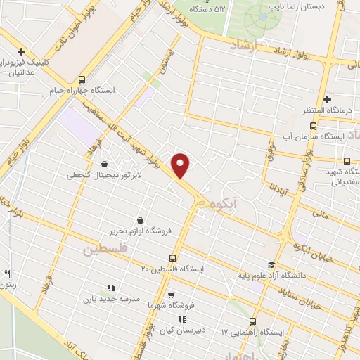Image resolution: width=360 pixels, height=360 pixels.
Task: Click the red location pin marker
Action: tap(181, 166)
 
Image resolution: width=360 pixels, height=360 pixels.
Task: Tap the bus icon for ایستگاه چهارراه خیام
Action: tap(82, 79)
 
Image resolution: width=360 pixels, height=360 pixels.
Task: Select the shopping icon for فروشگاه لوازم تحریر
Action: tap(141, 219)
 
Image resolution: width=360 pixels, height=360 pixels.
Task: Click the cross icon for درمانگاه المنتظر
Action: tap(328, 99)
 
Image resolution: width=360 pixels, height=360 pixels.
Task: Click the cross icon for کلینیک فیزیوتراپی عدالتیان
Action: tap(22, 51)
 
